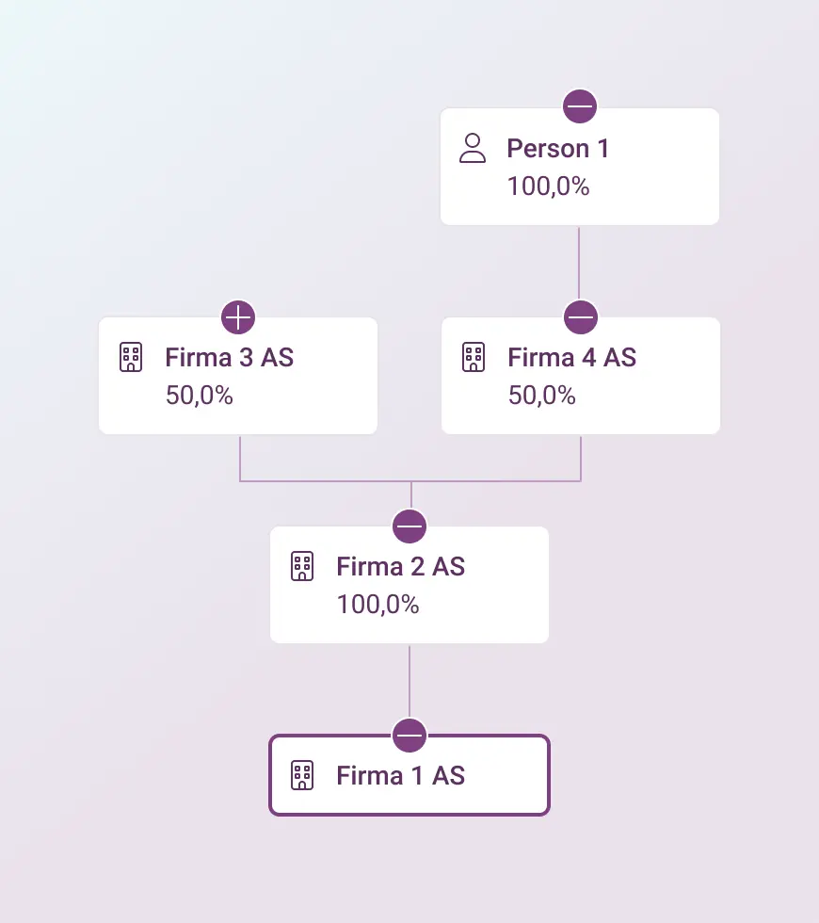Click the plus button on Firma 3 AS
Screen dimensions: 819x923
[238, 317]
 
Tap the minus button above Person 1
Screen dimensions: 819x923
[580, 106]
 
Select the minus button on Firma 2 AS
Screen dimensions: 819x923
[409, 526]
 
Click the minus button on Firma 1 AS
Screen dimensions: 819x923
[409, 736]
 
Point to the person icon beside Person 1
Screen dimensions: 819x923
[473, 148]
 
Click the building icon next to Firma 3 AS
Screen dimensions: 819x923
[131, 357]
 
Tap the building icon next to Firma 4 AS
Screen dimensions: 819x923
[474, 357]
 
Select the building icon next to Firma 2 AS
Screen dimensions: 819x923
[302, 566]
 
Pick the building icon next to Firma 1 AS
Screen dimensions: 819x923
[302, 775]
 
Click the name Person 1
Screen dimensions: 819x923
[557, 149]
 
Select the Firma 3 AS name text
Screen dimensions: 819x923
[230, 357]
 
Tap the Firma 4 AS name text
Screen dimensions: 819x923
[572, 357]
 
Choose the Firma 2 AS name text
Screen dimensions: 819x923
[401, 566]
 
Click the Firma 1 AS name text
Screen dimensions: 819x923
[401, 776]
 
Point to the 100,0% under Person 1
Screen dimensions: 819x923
[548, 186]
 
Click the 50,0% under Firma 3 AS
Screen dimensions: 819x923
[200, 395]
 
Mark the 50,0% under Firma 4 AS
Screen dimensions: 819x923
[542, 395]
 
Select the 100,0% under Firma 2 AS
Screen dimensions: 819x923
[377, 605]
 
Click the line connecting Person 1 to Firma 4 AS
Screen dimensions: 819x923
[579, 263]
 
